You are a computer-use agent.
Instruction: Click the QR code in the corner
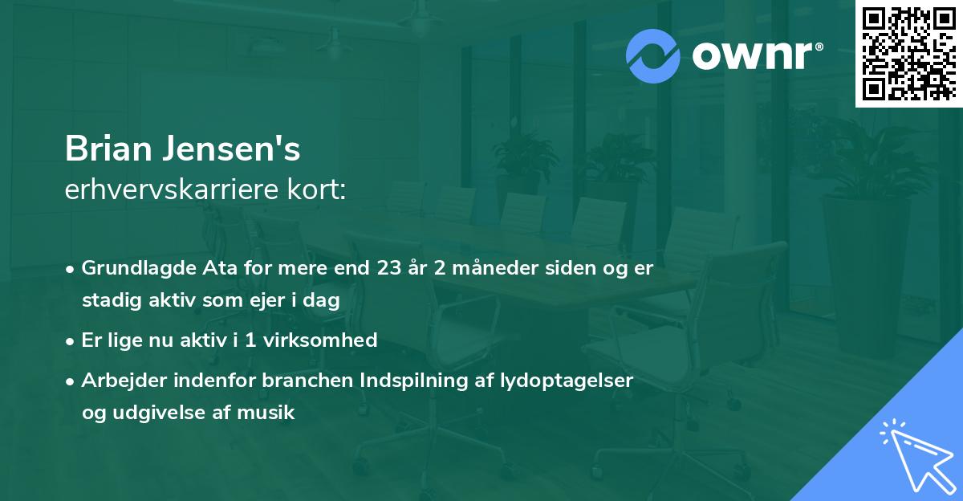click(x=908, y=54)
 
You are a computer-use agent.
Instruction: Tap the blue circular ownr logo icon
click(x=653, y=56)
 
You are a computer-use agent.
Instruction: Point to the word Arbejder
click(x=121, y=380)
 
